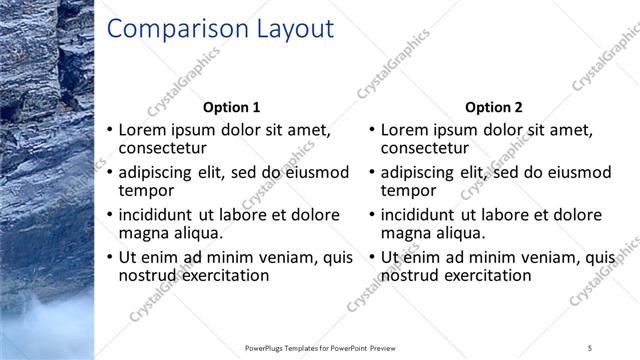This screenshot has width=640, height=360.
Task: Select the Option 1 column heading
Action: click(x=231, y=107)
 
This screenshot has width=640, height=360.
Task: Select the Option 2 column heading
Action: click(x=493, y=107)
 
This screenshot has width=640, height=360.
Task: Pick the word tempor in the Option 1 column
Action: click(x=146, y=190)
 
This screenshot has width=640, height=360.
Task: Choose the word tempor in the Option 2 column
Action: click(x=408, y=190)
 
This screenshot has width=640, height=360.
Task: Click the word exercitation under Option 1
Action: click(x=223, y=275)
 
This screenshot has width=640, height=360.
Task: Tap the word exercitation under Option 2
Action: click(x=485, y=275)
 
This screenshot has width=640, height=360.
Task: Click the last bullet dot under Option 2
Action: click(x=372, y=258)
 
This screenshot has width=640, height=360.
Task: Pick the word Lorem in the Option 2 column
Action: click(x=403, y=130)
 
